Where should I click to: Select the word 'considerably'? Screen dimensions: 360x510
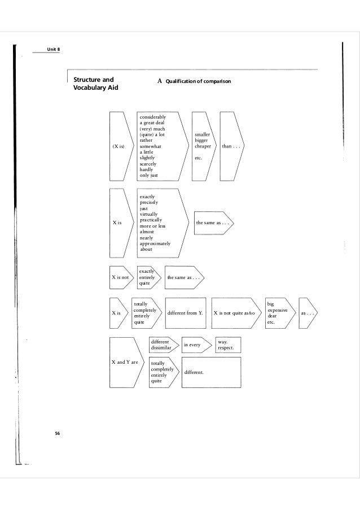tap(153, 117)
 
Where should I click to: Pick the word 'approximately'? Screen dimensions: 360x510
tap(155, 243)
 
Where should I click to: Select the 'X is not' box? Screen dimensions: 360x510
tap(121, 277)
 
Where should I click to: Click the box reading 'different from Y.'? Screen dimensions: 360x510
tap(186, 312)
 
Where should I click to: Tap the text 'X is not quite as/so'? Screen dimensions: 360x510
tap(238, 312)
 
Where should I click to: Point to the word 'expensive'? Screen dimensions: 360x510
tap(278, 311)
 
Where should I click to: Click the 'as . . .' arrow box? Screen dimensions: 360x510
tap(308, 312)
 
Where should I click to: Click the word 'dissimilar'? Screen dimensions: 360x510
tap(161, 347)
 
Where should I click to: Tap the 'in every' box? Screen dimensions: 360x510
tap(196, 344)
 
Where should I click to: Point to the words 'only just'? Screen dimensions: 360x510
tap(149, 175)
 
